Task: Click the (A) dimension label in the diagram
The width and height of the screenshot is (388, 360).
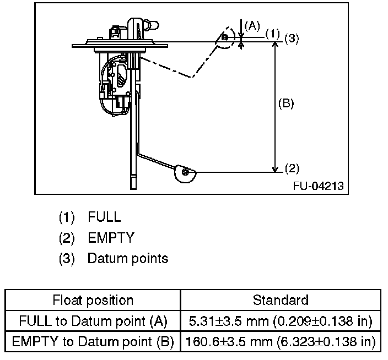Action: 252,25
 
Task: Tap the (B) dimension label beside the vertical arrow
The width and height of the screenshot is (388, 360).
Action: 285,103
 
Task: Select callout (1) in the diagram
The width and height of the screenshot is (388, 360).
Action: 273,34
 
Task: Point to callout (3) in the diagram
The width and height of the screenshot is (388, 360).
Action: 292,39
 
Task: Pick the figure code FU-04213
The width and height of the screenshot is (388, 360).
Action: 319,186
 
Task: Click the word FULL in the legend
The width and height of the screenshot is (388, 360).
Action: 104,216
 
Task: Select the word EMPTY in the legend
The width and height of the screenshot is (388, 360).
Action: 111,237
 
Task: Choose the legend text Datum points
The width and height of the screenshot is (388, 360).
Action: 128,258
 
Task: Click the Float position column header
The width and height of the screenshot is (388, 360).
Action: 93,300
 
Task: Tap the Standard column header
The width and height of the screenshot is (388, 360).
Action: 280,300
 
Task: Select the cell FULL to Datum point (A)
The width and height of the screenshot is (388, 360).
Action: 93,321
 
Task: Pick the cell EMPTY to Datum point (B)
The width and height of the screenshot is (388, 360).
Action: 93,342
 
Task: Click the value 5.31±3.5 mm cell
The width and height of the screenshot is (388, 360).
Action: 280,321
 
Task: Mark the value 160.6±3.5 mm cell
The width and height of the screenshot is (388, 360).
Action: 280,342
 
